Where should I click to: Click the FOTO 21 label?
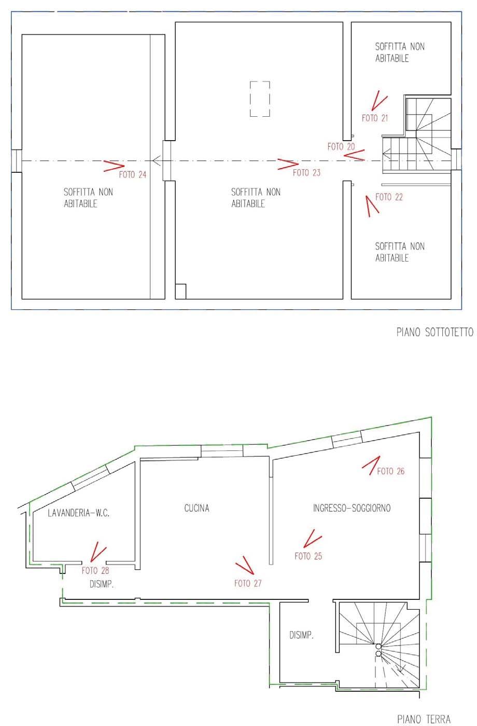pyautogui.click(x=375, y=118)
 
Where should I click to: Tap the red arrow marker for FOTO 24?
pyautogui.click(x=114, y=166)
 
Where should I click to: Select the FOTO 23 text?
pyautogui.click(x=306, y=173)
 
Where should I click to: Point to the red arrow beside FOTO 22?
pyautogui.click(x=372, y=206)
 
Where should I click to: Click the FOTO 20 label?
pyautogui.click(x=341, y=147)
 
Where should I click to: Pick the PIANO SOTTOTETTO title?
pyautogui.click(x=435, y=332)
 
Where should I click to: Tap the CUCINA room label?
pyautogui.click(x=197, y=508)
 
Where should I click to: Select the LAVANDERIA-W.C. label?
pyautogui.click(x=78, y=513)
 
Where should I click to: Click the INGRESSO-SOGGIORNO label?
pyautogui.click(x=352, y=508)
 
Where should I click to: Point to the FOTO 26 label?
pyautogui.click(x=391, y=471)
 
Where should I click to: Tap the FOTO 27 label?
pyautogui.click(x=248, y=583)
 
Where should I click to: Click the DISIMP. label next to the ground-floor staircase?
pyautogui.click(x=301, y=635)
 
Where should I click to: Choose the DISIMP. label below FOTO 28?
pyautogui.click(x=101, y=584)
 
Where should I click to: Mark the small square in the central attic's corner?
pyautogui.click(x=181, y=291)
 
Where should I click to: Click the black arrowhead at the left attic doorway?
pyautogui.click(x=157, y=160)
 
